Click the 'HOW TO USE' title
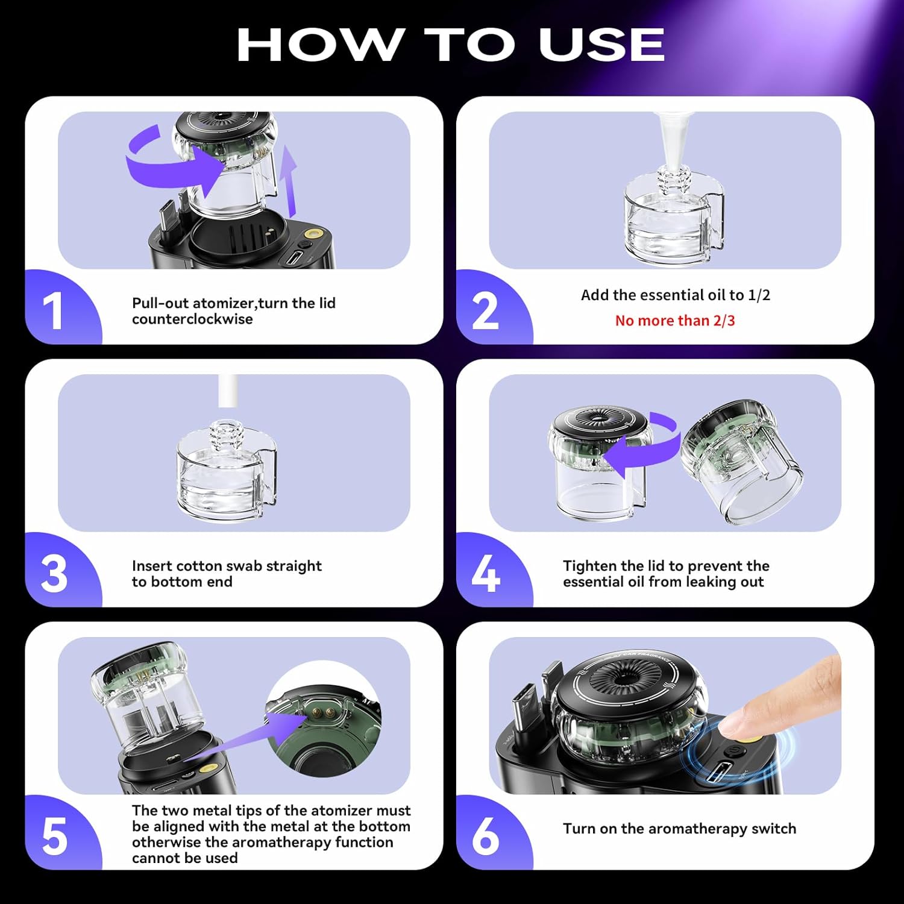point(451,45)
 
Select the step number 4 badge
point(486,574)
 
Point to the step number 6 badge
point(486,837)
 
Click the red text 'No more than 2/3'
point(675,321)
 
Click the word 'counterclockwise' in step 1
point(192,319)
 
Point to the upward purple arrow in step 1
point(290,181)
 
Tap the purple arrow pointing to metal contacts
point(253,735)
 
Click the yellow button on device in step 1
point(312,233)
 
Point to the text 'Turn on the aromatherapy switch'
point(679,829)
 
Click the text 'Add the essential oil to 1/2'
point(675,295)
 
